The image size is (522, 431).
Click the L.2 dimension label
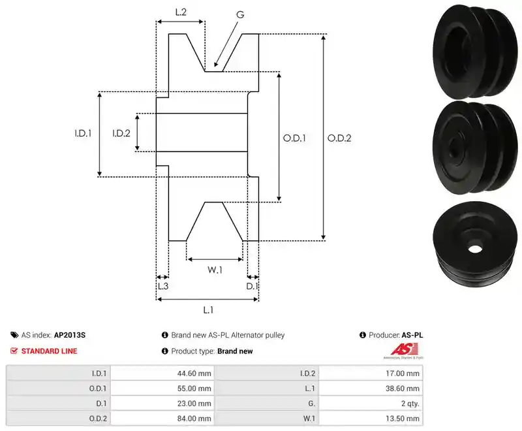181,12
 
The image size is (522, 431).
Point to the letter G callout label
240,14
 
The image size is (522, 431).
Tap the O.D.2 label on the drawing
339,138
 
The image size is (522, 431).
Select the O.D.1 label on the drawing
294,138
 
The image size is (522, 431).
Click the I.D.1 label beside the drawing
83,133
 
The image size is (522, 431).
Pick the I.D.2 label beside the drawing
121,133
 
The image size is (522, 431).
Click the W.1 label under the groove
215,270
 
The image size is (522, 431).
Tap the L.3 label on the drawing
163,286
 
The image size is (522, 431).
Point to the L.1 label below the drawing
208,310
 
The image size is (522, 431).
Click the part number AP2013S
70,335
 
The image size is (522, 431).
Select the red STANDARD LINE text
50,351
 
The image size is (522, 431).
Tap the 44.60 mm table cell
162,374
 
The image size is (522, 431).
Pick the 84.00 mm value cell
162,419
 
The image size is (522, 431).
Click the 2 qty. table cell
371,404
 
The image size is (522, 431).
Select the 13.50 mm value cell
371,419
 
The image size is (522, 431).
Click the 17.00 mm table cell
371,374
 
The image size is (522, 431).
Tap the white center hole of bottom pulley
475,248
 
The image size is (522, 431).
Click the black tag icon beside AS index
14,335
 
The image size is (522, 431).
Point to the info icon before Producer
363,335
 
